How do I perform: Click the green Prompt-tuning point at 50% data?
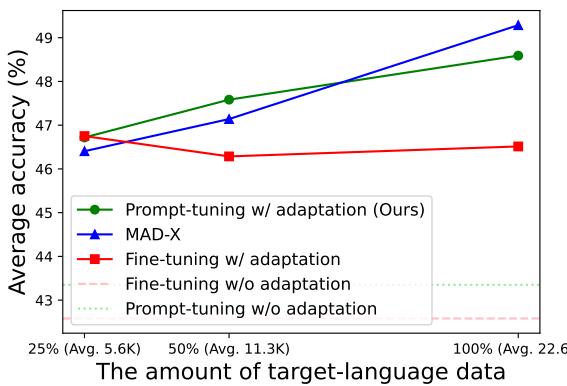[x=229, y=100]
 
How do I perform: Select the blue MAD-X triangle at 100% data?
[x=518, y=25]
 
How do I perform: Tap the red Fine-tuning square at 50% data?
[x=229, y=156]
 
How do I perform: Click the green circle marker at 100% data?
[x=518, y=55]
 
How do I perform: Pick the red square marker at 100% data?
[x=518, y=146]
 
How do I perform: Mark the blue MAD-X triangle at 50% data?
[x=229, y=119]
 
